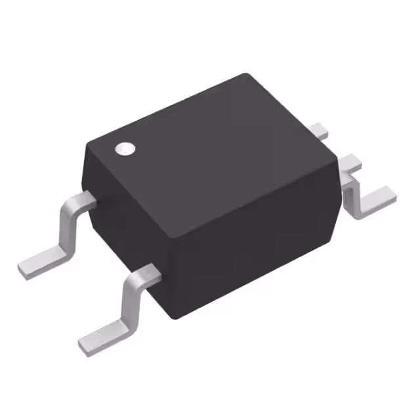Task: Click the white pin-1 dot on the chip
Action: (x=124, y=149)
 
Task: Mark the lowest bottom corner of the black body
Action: (x=172, y=318)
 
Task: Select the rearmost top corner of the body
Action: (x=245, y=73)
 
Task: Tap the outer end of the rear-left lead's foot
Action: (x=22, y=268)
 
